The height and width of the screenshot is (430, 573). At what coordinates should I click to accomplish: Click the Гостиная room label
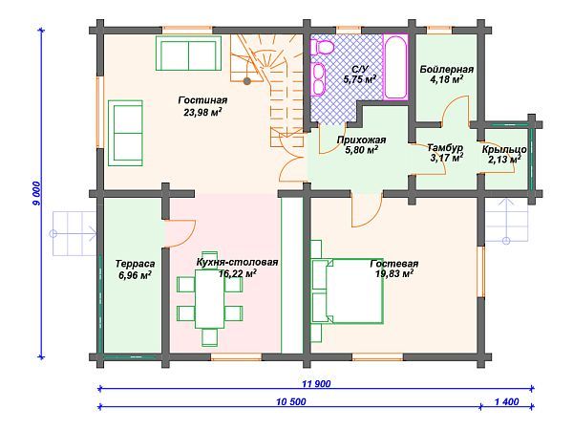(x=202, y=100)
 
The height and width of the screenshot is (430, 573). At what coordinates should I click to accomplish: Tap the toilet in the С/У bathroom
(x=322, y=47)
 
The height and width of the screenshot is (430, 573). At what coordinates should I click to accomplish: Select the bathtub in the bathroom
(x=395, y=66)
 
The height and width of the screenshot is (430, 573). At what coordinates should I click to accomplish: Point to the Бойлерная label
(x=447, y=69)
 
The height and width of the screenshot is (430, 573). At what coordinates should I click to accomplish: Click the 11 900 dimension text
(x=316, y=383)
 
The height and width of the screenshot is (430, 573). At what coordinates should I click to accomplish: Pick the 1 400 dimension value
(x=507, y=402)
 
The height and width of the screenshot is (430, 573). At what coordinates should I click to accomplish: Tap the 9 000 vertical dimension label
(x=38, y=193)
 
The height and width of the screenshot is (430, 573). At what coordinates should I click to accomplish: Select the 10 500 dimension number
(x=291, y=402)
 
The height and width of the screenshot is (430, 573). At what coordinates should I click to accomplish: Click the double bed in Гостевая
(x=347, y=290)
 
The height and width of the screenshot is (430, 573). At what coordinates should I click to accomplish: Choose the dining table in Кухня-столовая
(x=210, y=299)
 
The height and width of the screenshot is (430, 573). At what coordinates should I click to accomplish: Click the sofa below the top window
(x=188, y=53)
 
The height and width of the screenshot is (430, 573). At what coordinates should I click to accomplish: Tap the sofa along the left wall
(x=125, y=133)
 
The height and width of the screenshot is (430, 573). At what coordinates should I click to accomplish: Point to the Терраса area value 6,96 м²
(x=136, y=275)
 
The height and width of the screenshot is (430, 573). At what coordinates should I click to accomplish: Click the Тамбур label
(x=445, y=148)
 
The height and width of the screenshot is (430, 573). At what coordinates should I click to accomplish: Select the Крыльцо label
(x=504, y=150)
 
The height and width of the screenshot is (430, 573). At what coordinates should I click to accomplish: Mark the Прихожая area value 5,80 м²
(x=361, y=150)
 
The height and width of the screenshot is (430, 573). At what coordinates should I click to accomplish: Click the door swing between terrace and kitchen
(x=180, y=233)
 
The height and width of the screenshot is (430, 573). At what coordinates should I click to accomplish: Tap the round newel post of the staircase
(x=247, y=80)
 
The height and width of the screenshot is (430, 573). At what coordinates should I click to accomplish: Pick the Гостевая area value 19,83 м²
(x=394, y=273)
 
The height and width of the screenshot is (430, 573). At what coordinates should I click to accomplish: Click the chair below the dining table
(x=210, y=337)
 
